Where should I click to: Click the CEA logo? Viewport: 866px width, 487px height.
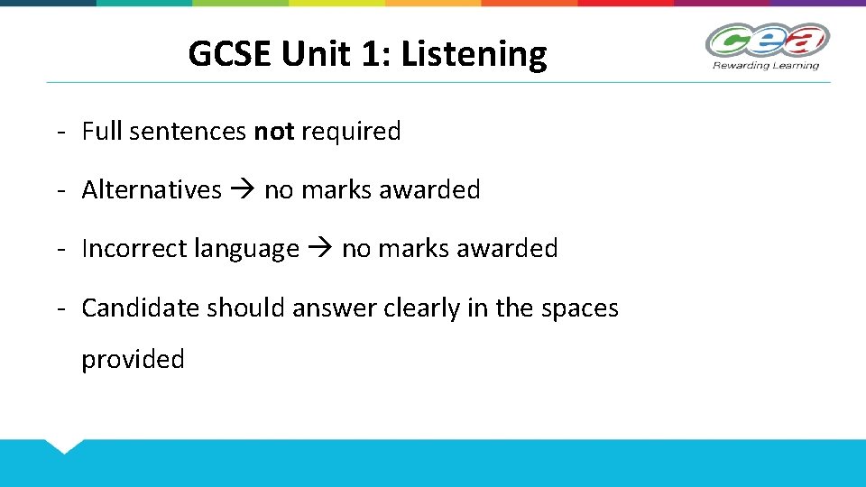click(767, 41)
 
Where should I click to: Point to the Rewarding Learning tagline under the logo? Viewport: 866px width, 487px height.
click(766, 65)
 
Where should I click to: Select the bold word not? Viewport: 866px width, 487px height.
click(274, 132)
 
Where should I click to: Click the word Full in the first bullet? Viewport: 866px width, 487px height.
click(102, 132)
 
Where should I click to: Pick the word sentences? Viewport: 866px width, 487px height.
click(188, 132)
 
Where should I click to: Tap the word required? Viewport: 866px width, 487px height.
click(351, 132)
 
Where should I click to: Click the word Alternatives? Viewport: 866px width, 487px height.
click(152, 190)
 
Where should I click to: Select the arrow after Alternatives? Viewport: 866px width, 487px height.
click(243, 190)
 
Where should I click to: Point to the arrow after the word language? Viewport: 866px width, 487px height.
click(320, 249)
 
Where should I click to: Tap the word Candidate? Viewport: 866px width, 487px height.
click(140, 308)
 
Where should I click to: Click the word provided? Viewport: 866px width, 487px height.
click(134, 360)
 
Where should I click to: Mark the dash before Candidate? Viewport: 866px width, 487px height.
click(60, 308)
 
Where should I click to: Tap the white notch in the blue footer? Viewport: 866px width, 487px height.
click(64, 445)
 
